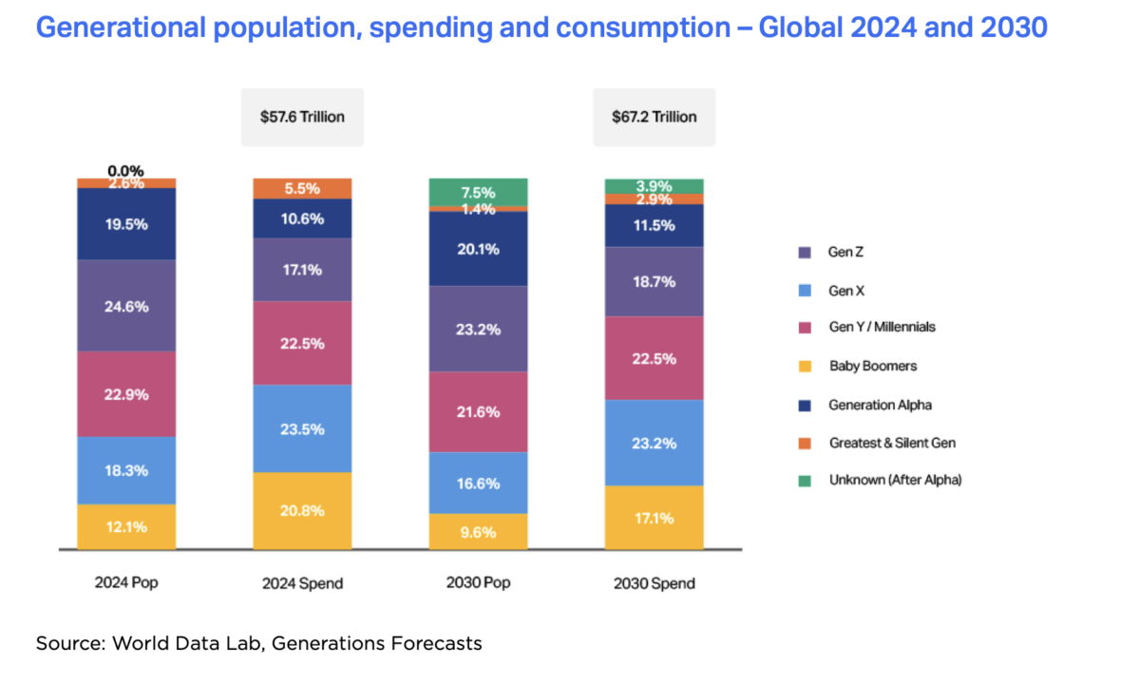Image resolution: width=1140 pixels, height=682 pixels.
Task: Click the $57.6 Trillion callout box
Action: (302, 117)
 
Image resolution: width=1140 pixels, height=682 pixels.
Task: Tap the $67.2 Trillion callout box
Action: (654, 117)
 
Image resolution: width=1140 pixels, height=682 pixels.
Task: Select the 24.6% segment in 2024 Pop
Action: (126, 306)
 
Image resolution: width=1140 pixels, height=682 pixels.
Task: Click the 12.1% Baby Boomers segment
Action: (126, 526)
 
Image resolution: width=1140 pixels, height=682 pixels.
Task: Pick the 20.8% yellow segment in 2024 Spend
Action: (302, 510)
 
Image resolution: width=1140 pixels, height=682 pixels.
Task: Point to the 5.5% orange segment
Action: (302, 188)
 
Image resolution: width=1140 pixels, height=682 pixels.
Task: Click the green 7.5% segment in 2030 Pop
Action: (478, 191)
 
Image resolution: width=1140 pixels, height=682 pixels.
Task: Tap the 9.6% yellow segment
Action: (478, 531)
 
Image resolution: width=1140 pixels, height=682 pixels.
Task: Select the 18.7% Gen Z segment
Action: (654, 281)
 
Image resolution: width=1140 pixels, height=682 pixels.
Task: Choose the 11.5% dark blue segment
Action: (654, 225)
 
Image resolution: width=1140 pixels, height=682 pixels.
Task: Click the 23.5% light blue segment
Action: (302, 428)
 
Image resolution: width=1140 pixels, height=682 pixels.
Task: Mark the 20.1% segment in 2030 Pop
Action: (478, 248)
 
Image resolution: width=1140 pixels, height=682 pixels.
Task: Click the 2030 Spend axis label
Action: (654, 583)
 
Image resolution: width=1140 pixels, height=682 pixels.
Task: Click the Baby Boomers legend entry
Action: (872, 366)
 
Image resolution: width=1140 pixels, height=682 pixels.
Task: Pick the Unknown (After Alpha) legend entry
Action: (894, 481)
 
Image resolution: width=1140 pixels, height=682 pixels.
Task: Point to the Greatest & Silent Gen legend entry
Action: (891, 443)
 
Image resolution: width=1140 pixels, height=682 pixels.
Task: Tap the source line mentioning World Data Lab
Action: (258, 643)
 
